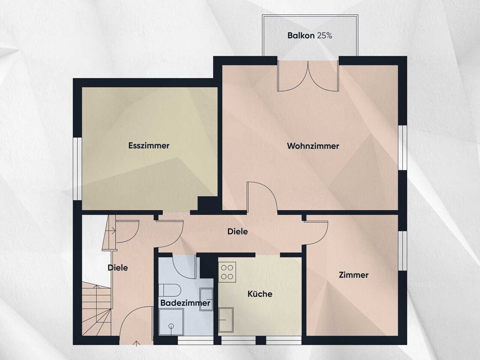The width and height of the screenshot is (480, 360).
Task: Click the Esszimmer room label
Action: tap(149, 145)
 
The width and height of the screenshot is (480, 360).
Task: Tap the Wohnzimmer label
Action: tap(313, 146)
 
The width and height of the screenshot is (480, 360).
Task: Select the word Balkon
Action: tap(301, 35)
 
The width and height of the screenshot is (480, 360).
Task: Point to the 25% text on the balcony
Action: tap(325, 35)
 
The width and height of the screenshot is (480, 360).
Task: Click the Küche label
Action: tap(260, 294)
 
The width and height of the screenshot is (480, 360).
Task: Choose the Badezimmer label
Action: tap(185, 303)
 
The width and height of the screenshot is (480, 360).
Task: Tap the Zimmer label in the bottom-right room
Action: tap(354, 275)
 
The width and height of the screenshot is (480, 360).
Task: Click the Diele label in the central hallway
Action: tap(238, 232)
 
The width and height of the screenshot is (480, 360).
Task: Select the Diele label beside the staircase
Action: tap(118, 268)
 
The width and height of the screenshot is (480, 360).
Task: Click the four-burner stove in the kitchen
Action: tap(227, 272)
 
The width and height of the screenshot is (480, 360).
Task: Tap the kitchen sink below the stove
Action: tap(226, 320)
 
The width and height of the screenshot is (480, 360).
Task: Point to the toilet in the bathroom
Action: tap(170, 290)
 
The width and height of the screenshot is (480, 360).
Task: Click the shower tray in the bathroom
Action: tap(171, 322)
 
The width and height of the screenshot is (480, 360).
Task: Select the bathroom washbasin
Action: tap(206, 299)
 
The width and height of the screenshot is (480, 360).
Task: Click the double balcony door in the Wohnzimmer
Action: tap(308, 76)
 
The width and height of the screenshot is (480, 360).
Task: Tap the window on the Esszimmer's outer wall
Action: tap(77, 169)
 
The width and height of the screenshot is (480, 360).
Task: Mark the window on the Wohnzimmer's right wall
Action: tap(402, 148)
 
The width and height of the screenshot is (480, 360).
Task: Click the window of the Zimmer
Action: tap(402, 251)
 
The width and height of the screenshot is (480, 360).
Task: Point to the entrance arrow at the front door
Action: tap(136, 343)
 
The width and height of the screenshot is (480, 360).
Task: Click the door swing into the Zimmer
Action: tap(316, 233)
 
